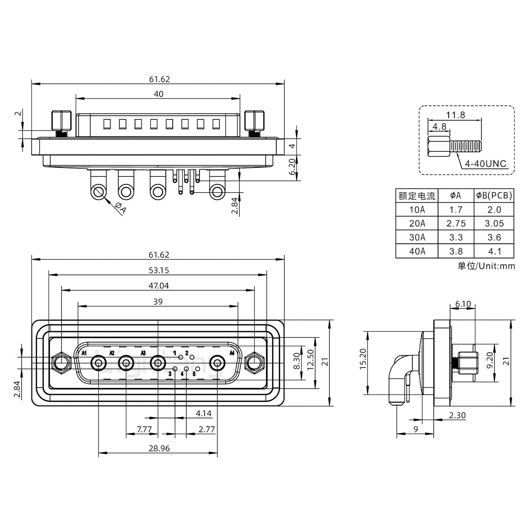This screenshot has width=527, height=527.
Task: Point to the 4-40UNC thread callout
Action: point(485,163)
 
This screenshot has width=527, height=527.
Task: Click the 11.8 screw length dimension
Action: point(456,115)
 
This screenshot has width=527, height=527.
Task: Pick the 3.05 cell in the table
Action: point(494,223)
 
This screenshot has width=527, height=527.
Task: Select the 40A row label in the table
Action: point(417,251)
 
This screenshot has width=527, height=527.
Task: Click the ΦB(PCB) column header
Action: point(494,195)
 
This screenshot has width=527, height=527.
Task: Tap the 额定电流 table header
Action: point(417,196)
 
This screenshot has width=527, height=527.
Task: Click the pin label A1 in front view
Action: point(84,353)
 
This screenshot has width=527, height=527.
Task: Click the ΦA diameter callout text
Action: point(120,208)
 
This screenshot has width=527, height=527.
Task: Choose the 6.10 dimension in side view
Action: point(463,304)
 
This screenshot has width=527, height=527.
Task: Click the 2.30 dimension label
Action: point(457,415)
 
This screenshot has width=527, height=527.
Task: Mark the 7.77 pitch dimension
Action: point(144,429)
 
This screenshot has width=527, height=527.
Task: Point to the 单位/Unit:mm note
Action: point(486,266)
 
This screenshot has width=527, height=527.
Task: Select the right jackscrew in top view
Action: point(254,122)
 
